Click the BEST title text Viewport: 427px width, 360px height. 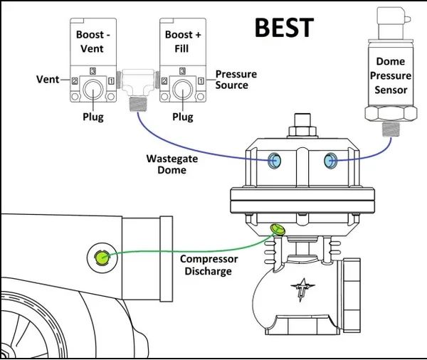point(283,27)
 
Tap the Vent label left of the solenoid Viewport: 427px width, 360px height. point(48,80)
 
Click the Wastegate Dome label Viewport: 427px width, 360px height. point(172,164)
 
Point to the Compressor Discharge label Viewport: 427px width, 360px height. point(209,265)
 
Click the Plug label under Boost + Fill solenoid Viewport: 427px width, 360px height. point(183,116)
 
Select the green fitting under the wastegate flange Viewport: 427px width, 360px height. point(277,228)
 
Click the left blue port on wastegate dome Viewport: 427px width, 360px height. point(274,160)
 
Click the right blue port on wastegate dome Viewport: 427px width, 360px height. point(329,160)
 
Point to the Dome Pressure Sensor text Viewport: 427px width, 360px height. point(391,76)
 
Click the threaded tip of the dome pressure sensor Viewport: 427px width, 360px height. point(391,128)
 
